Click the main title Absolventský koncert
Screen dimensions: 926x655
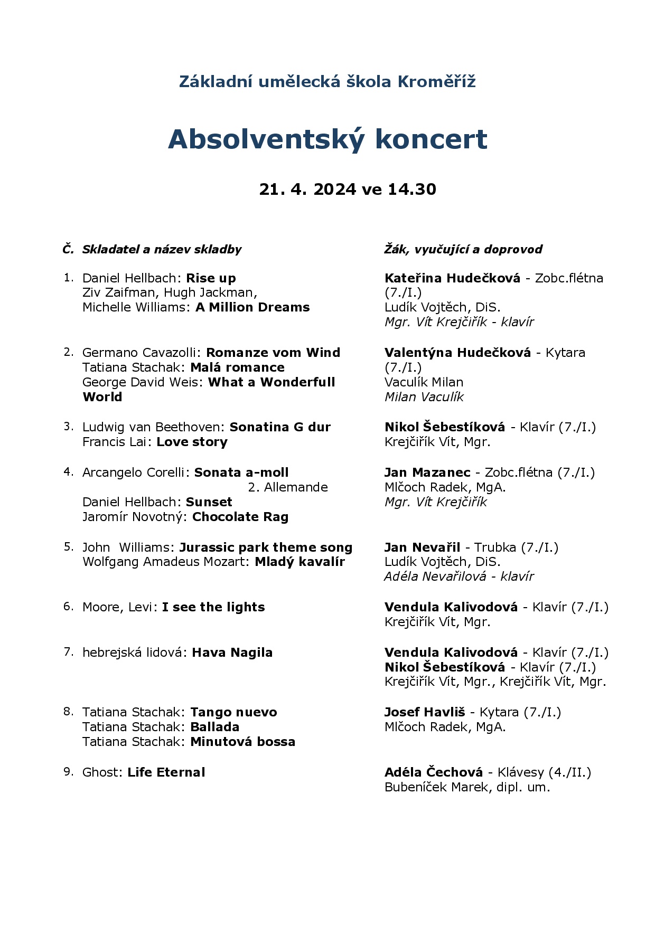point(327,139)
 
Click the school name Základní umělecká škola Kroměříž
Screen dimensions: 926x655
point(327,82)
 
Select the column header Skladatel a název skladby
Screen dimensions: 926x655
point(162,250)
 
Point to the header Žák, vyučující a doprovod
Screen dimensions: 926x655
point(463,250)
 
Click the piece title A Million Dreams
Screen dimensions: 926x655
point(252,307)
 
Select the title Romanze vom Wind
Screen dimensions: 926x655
point(273,353)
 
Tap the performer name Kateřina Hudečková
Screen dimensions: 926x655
point(452,278)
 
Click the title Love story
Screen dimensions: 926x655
point(192,442)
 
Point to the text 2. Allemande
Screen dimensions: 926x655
point(288,487)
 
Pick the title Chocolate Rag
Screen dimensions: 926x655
point(240,517)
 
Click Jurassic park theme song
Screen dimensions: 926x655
point(266,547)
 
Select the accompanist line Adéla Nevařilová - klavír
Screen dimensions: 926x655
point(459,577)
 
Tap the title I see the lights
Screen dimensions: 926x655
point(213,607)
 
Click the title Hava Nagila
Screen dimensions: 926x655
point(232,653)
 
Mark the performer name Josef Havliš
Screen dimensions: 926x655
point(425,712)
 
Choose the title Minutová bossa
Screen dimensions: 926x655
point(242,742)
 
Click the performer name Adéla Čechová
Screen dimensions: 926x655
point(434,772)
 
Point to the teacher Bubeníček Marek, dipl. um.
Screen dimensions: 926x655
point(467,787)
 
